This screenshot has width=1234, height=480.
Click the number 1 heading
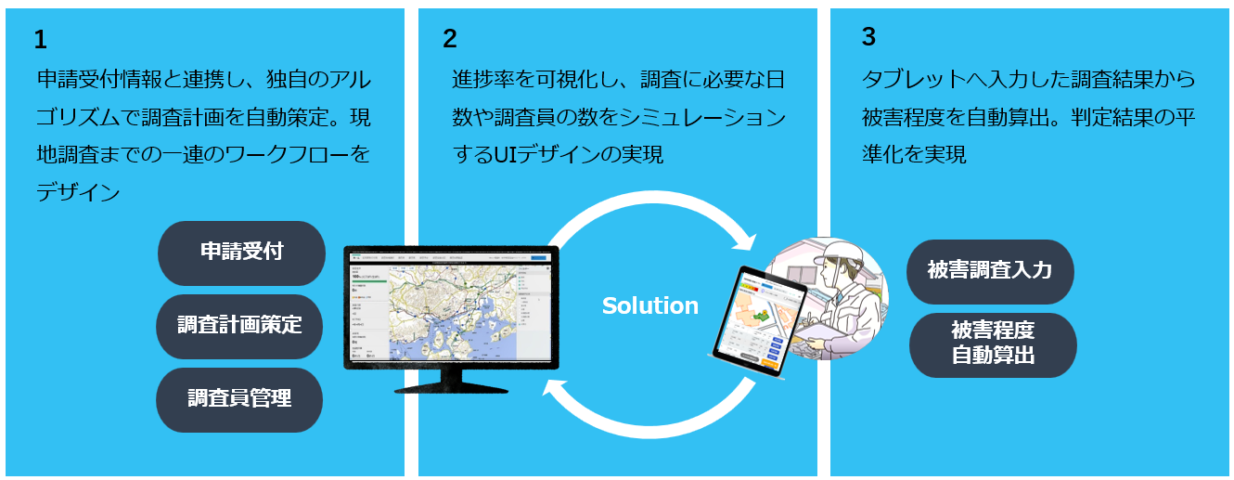40,40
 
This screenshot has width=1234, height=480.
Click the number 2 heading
450,39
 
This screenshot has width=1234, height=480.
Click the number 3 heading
868,37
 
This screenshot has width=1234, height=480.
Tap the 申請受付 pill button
241,253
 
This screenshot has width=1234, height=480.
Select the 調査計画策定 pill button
239,326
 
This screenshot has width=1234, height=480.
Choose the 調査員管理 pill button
239,399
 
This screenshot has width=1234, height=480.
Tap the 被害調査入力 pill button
989,271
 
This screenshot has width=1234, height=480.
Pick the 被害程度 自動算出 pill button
993,344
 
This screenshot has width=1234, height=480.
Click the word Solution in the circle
649,305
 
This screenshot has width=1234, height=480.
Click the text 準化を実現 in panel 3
914,154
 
